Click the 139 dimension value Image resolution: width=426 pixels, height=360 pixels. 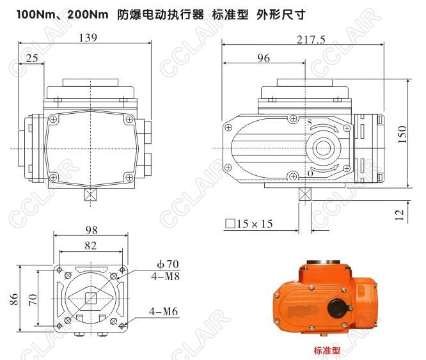[x=88, y=38]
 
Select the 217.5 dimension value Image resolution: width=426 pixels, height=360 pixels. [x=311, y=40]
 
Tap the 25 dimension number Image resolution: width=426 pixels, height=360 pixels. [x=32, y=58]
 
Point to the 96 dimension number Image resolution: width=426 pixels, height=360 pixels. [x=264, y=58]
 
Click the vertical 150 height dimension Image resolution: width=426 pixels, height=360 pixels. [x=402, y=134]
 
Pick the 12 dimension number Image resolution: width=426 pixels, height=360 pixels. [x=399, y=215]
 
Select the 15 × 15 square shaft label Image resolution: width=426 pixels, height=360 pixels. [x=249, y=224]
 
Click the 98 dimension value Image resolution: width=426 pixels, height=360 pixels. [x=91, y=230]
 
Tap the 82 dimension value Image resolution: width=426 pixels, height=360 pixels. [x=90, y=246]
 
